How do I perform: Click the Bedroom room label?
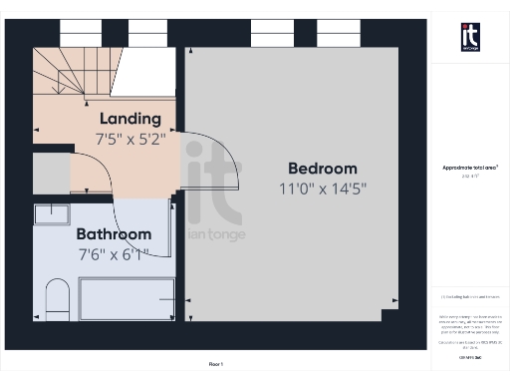tap(322, 168)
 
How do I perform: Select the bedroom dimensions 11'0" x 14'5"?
tap(322, 188)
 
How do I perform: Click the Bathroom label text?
tap(115, 234)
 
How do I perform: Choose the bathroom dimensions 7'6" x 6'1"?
tap(115, 253)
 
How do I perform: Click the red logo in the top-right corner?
tap(469, 36)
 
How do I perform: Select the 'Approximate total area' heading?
tap(469, 168)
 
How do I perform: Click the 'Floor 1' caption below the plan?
tap(216, 364)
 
